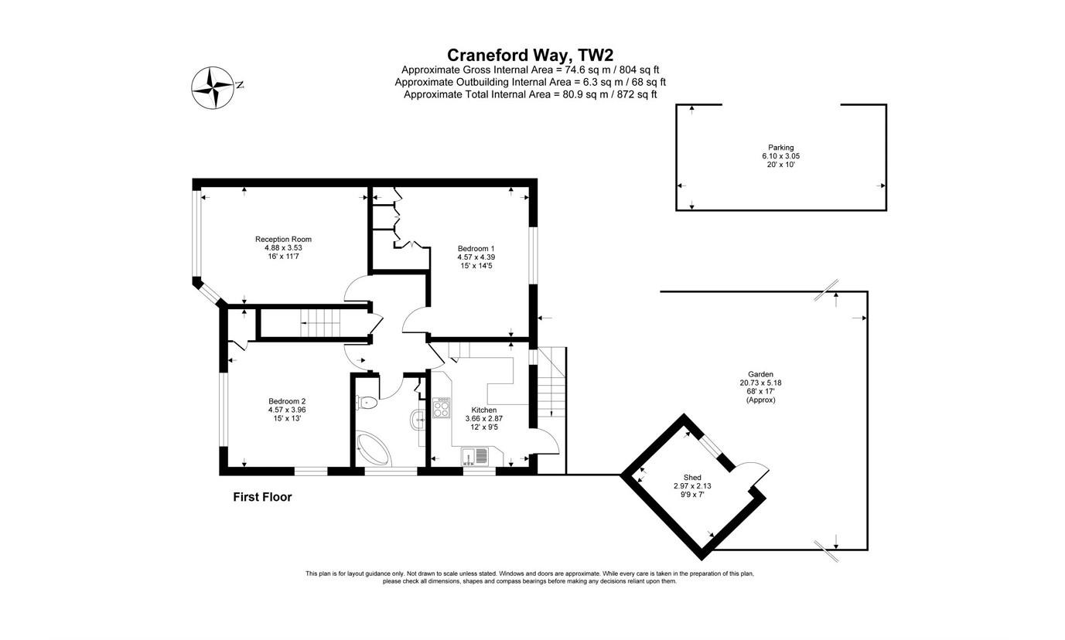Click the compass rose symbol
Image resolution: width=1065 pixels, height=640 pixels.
(212, 87)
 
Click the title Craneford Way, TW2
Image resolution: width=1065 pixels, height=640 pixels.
(530, 55)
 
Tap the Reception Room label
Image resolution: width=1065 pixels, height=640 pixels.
(283, 240)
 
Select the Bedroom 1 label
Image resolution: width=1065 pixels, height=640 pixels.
(476, 248)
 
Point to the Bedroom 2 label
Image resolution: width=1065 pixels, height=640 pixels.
(287, 401)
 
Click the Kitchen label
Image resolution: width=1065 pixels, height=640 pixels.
(484, 410)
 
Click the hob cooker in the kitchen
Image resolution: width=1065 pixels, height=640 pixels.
(441, 408)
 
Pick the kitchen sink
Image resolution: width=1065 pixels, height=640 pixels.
(476, 456)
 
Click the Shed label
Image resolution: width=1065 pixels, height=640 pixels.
(692, 477)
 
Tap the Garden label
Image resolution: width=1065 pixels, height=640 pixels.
(760, 374)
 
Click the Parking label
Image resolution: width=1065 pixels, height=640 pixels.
(780, 148)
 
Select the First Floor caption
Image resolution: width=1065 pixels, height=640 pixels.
(262, 497)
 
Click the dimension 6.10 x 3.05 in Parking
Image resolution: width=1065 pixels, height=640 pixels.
(780, 156)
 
